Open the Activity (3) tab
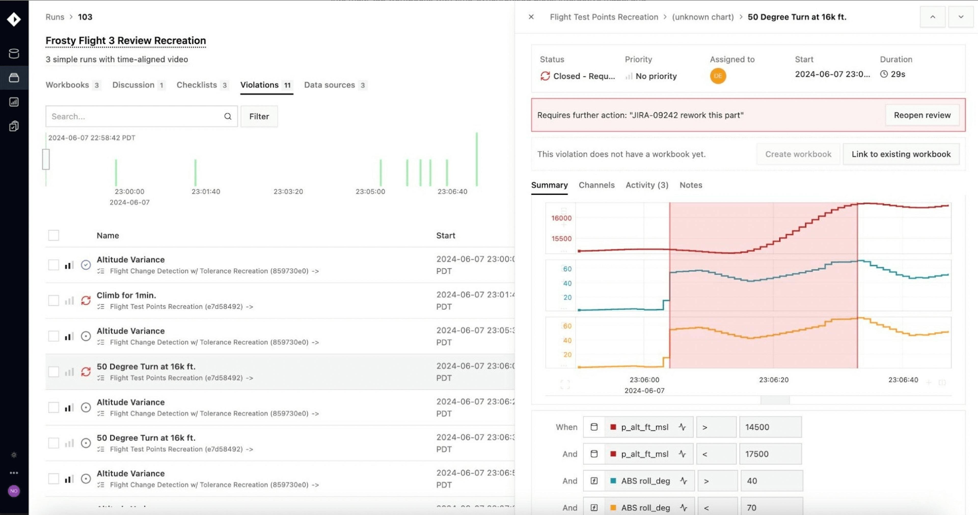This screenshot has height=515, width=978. tap(647, 185)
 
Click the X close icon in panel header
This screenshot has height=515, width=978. tap(531, 17)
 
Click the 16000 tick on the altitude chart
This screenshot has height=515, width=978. tap(561, 218)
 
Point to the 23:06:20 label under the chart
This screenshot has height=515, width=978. tap(773, 380)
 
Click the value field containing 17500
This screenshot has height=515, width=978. tap(770, 454)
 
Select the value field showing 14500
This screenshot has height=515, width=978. tap(770, 427)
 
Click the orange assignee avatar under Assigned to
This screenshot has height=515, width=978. tap(717, 76)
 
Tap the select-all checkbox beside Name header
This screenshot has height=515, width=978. tap(53, 235)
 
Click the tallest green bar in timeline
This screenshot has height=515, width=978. tap(477, 159)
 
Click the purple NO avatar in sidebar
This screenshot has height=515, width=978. tap(14, 491)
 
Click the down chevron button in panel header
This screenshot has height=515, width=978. tap(960, 17)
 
